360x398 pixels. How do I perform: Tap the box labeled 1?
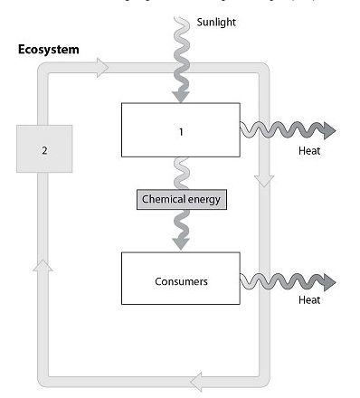[181, 129]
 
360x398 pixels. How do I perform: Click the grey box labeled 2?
[43, 149]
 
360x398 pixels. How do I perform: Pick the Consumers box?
[181, 280]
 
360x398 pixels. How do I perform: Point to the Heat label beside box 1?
[309, 150]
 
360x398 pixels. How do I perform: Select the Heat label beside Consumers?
[309, 299]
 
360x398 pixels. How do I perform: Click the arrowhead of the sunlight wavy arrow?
[181, 93]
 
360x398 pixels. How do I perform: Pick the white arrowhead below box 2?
[43, 263]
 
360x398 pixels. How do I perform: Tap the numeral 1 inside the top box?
[181, 129]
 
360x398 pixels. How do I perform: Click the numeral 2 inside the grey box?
[43, 149]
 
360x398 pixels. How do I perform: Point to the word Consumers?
[181, 281]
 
